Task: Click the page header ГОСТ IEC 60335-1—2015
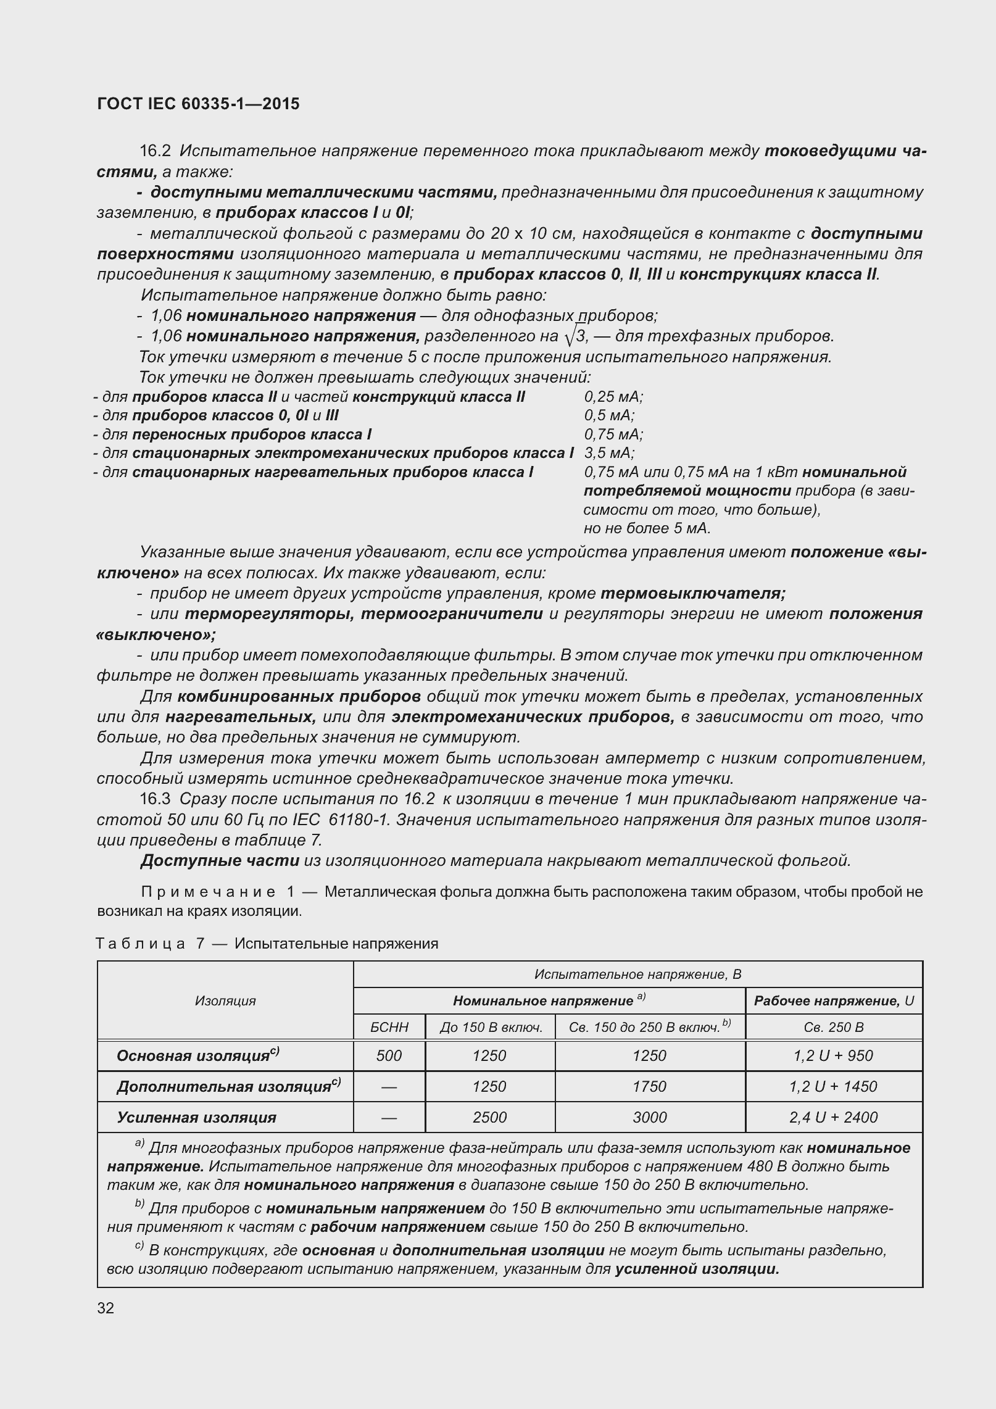pyautogui.click(x=198, y=104)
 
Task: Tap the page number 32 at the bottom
pyautogui.click(x=106, y=1308)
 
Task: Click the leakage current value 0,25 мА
pyautogui.click(x=613, y=397)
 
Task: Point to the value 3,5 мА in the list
pyautogui.click(x=608, y=453)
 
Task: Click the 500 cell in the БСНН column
pyautogui.click(x=389, y=1055)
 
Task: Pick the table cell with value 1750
pyautogui.click(x=649, y=1086)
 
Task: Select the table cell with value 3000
pyautogui.click(x=649, y=1117)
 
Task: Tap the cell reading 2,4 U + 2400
pyautogui.click(x=833, y=1117)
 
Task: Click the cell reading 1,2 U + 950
pyautogui.click(x=833, y=1055)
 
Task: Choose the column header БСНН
pyautogui.click(x=389, y=1028)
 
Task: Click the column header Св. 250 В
pyautogui.click(x=833, y=1028)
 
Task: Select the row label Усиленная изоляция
pyautogui.click(x=197, y=1117)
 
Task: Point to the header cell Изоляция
pyautogui.click(x=225, y=1000)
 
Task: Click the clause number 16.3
pyautogui.click(x=155, y=799)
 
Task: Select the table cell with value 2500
pyautogui.click(x=489, y=1117)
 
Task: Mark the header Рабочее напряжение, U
pyautogui.click(x=833, y=1000)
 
